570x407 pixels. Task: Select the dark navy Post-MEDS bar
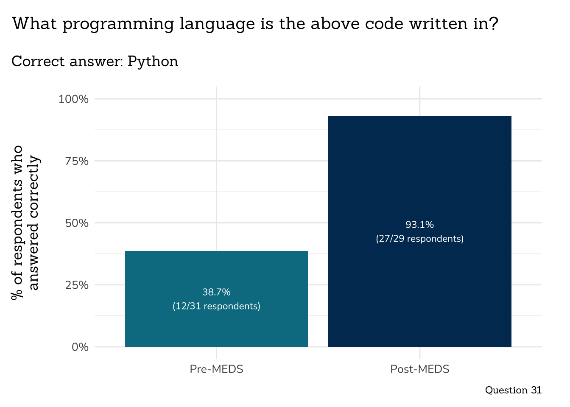point(419,170)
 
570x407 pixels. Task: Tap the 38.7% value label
point(216,292)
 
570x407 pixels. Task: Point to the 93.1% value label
point(419,225)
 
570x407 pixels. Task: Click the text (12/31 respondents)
point(216,306)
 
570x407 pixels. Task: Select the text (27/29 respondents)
point(419,239)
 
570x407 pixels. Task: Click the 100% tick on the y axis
point(73,99)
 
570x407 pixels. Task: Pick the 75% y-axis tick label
point(76,161)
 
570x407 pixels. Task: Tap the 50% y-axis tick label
point(76,223)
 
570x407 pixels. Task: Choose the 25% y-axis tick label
point(76,285)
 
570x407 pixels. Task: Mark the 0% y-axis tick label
point(80,347)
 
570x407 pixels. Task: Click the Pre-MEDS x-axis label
point(216,369)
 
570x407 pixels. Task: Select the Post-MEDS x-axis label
point(419,369)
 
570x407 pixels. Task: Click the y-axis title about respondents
point(25,223)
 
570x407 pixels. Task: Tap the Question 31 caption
point(513,390)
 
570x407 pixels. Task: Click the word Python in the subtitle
point(153,62)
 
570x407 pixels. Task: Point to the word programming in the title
point(118,24)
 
